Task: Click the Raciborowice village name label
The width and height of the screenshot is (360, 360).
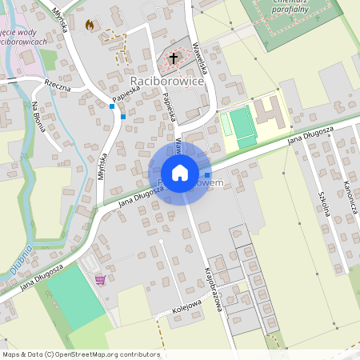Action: coord(167,82)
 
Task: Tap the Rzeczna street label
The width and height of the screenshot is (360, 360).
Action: coord(58,86)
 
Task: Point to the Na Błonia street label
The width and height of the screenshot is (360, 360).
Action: coord(39,117)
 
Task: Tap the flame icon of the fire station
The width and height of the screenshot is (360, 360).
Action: coord(89,25)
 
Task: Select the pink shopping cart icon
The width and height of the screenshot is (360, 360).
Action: coord(101,279)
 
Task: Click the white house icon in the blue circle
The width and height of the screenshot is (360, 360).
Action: coord(179,173)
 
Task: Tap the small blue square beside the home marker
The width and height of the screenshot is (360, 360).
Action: coord(208,174)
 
